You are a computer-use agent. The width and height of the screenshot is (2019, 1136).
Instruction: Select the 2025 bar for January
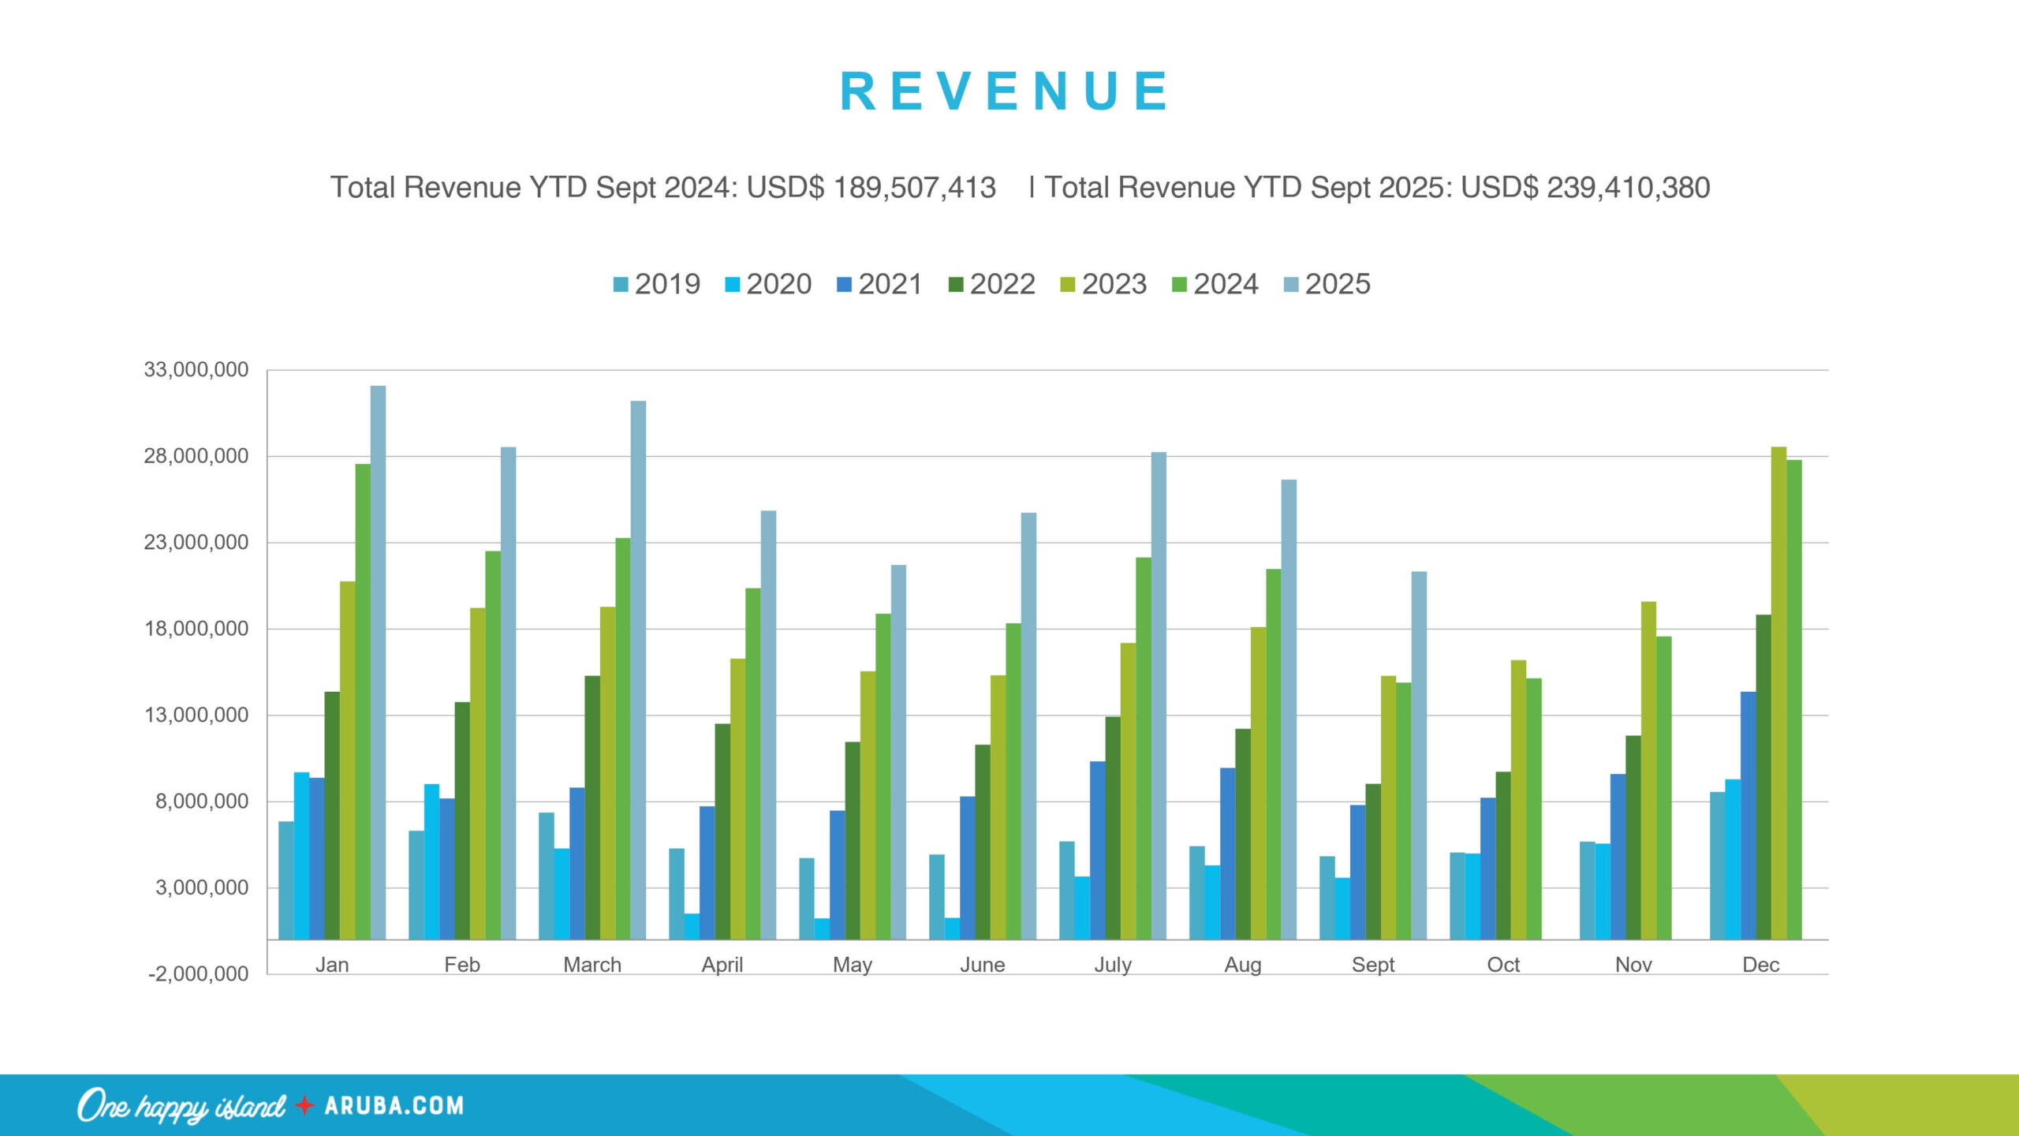[379, 663]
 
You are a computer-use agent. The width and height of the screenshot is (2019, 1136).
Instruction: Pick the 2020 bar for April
[692, 926]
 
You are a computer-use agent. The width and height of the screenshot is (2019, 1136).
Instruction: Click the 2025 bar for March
[638, 671]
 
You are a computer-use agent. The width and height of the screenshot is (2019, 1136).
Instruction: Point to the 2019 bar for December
[1717, 865]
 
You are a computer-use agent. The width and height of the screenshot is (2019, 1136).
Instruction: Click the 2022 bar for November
[1633, 837]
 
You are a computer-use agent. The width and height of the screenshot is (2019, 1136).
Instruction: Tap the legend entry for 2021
[879, 284]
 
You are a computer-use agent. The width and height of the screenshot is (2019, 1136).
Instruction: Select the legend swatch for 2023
[1068, 285]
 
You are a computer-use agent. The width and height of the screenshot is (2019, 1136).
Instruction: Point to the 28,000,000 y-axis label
[196, 456]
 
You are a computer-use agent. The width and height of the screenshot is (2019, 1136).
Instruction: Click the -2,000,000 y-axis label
[198, 974]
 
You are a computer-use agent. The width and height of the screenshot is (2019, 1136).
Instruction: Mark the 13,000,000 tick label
[196, 716]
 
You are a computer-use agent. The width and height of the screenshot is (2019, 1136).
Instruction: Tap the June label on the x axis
[983, 965]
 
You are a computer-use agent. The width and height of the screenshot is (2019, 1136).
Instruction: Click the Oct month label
[1503, 965]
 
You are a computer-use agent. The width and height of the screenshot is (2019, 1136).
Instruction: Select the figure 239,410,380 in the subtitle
[1628, 188]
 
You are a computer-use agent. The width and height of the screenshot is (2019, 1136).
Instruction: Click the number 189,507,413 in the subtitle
[914, 188]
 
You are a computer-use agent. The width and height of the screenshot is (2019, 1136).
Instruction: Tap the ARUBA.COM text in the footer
[394, 1106]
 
